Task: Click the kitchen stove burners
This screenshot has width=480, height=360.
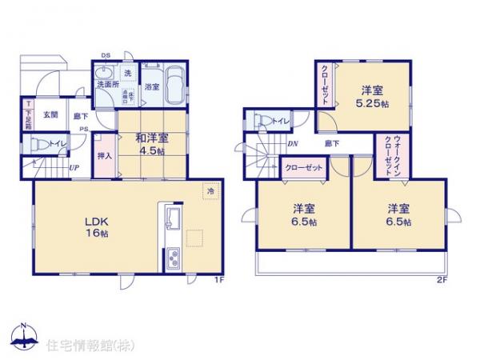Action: click(x=172, y=258)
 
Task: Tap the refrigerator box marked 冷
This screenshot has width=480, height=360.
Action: click(x=210, y=191)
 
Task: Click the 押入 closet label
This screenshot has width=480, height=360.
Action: click(x=104, y=154)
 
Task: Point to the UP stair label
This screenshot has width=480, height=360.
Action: click(x=73, y=168)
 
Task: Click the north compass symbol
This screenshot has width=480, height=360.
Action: click(x=23, y=337)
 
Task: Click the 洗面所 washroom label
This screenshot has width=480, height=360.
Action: click(x=107, y=84)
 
